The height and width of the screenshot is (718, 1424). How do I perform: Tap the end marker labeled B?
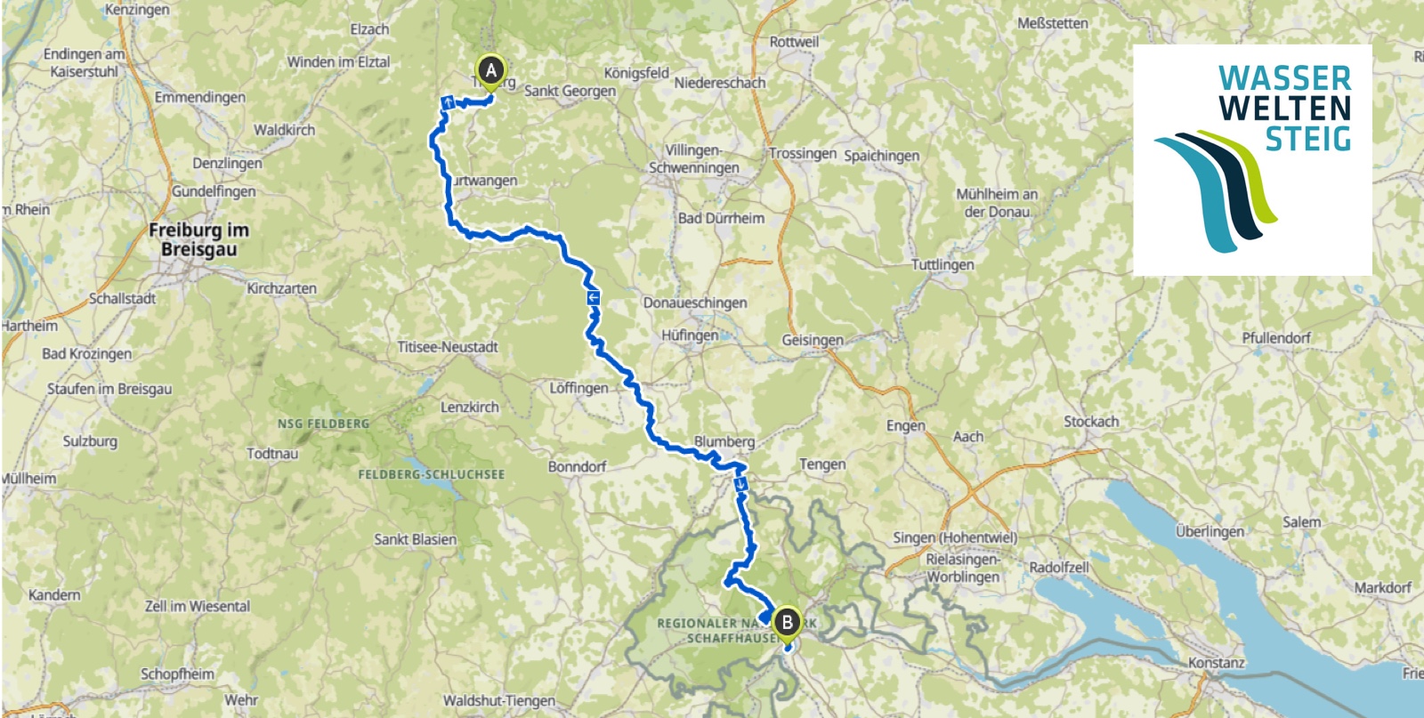pos(787,622)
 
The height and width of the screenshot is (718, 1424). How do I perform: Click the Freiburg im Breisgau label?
pos(198,239)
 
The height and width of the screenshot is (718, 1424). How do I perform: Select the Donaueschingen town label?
pos(695,303)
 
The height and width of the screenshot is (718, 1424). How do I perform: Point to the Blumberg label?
pos(724,441)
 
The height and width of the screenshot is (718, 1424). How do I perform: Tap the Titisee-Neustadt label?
pos(447,347)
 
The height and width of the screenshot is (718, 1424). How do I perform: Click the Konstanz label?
pos(1216,663)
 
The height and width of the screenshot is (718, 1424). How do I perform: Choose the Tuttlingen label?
pos(942,264)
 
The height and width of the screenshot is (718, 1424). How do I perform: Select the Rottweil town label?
pos(794,42)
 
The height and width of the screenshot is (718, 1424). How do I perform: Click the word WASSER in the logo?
pos(1284,78)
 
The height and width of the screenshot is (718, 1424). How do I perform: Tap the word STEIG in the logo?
pos(1307,139)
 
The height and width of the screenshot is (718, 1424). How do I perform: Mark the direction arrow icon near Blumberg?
pos(740,484)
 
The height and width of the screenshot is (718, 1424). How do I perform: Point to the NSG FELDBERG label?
pos(322,424)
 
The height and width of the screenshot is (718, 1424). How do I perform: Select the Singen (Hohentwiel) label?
pos(955,537)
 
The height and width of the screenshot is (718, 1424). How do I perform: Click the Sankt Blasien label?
pos(415,539)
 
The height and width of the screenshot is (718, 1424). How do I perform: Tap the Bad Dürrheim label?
pos(721,218)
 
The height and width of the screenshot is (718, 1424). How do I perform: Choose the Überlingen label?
pos(1210,531)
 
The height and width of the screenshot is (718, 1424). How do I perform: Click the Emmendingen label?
pos(199,97)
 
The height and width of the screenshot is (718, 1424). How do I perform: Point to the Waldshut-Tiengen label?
pos(498,701)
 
